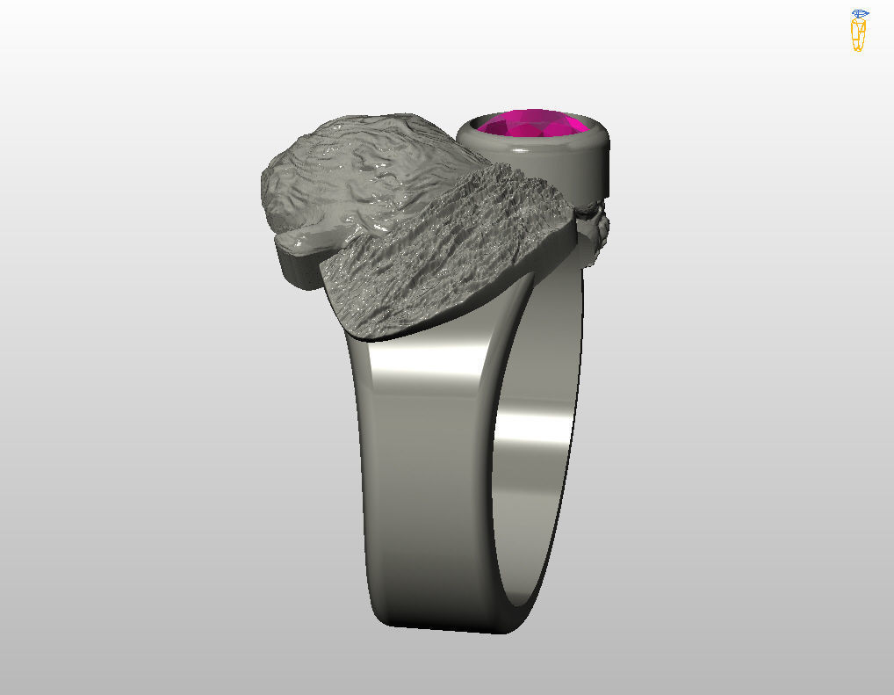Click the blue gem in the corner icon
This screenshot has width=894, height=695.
pyautogui.click(x=860, y=14)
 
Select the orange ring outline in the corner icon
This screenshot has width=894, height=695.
pyautogui.click(x=858, y=35)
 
